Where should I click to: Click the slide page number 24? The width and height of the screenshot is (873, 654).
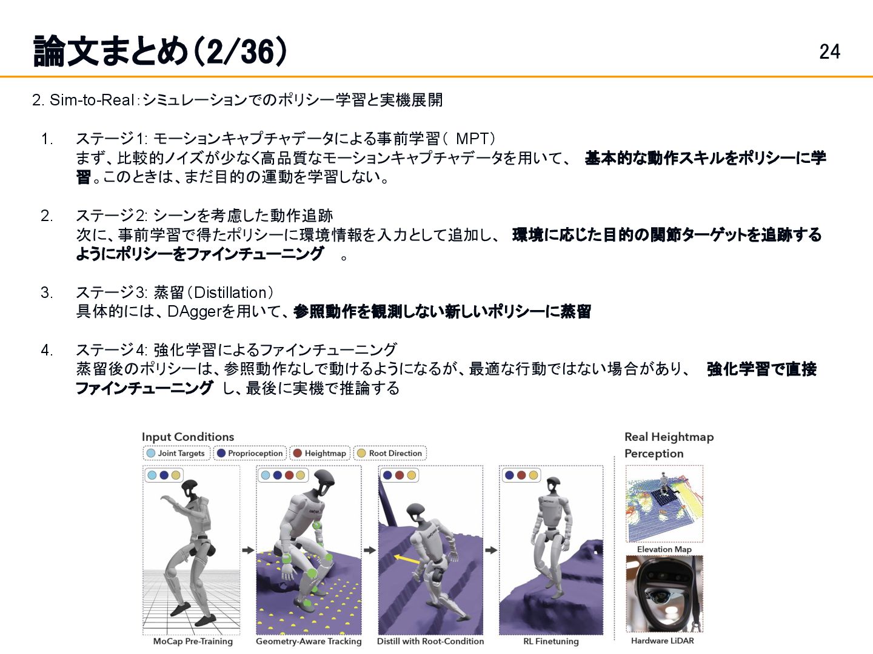[829, 52]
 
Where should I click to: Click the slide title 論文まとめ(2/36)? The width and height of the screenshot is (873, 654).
[160, 51]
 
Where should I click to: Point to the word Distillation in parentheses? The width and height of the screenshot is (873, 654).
[230, 292]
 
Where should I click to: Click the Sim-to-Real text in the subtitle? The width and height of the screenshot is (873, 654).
[92, 100]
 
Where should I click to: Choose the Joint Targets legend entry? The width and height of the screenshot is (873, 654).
[176, 453]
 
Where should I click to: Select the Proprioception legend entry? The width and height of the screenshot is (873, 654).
[250, 453]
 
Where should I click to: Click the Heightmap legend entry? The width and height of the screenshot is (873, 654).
[320, 453]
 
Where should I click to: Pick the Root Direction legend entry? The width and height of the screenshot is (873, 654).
[390, 453]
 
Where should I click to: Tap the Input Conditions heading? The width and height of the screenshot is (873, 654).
[188, 437]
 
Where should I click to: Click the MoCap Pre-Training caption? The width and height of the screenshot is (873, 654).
[193, 641]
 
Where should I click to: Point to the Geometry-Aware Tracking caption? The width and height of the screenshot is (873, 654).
[309, 641]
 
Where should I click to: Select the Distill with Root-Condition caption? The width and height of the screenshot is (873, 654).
[430, 641]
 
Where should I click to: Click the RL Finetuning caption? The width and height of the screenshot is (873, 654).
[551, 641]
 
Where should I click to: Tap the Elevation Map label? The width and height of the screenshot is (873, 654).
[664, 549]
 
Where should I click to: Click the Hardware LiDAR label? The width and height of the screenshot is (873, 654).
[662, 641]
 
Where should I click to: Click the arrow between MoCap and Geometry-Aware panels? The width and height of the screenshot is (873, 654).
[248, 550]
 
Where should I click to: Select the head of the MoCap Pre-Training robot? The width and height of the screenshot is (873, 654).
[189, 489]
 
